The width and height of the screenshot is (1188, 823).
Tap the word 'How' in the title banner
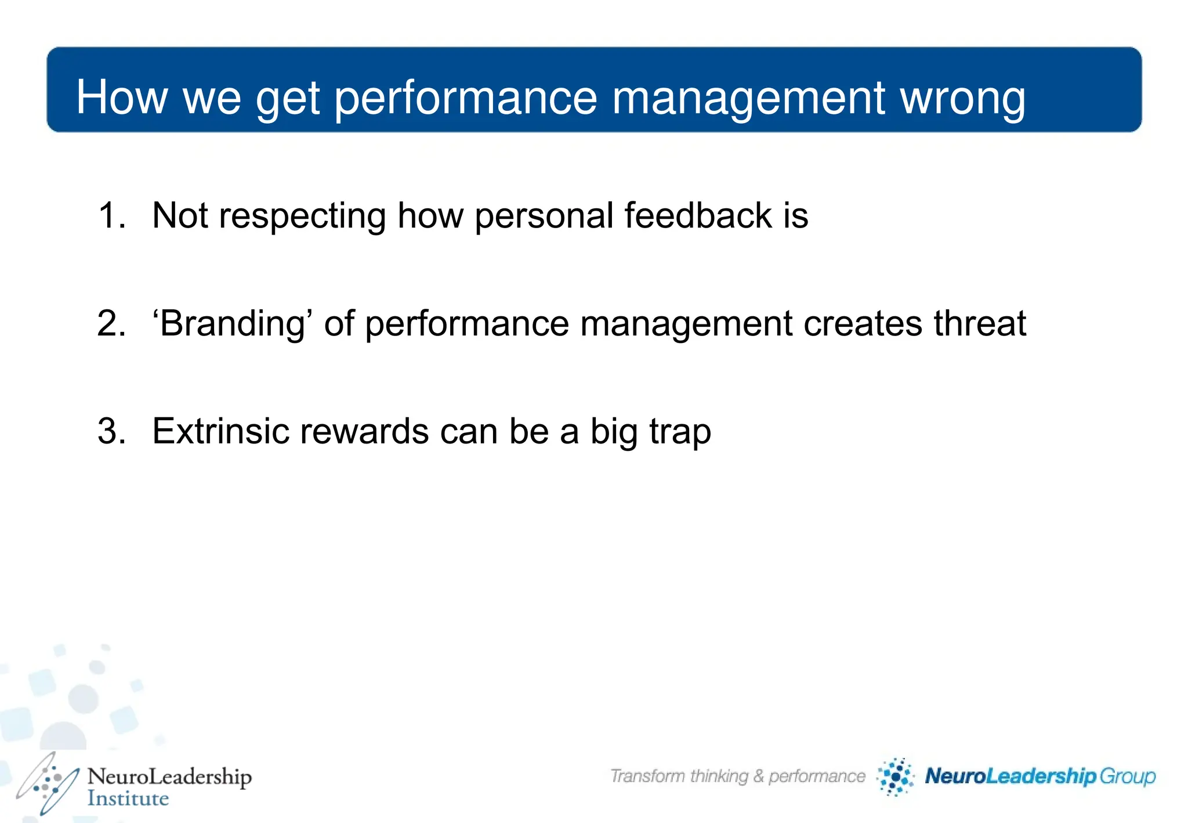[122, 97]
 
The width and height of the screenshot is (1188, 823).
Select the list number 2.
[111, 323]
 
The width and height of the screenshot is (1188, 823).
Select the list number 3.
[111, 431]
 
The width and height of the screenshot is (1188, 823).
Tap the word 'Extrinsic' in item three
[220, 431]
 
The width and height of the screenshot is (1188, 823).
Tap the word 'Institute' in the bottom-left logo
[128, 799]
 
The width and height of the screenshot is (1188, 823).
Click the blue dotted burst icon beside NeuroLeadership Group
[896, 777]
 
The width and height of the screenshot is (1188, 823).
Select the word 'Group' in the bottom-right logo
[1128, 777]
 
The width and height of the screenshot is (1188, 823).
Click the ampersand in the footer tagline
[758, 776]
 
